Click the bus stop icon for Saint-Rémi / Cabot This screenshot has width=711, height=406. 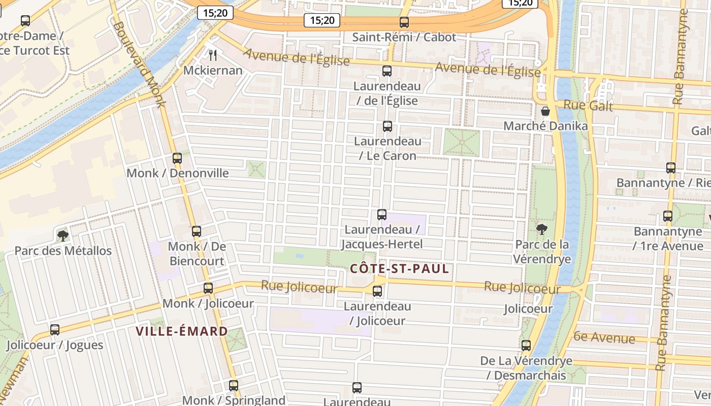pyautogui.click(x=404, y=22)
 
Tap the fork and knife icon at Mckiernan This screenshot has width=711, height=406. pyautogui.click(x=213, y=55)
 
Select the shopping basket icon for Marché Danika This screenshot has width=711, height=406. pyautogui.click(x=545, y=111)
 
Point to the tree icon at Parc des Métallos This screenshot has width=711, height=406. pyautogui.click(x=63, y=235)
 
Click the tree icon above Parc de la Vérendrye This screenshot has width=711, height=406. pyautogui.click(x=542, y=229)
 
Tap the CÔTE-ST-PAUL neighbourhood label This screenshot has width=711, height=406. pyautogui.click(x=400, y=269)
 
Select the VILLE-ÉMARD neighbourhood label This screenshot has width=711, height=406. pyautogui.click(x=182, y=332)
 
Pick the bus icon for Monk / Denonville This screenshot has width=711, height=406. pyautogui.click(x=177, y=158)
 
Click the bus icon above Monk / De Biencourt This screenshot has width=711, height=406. pyautogui.click(x=197, y=231)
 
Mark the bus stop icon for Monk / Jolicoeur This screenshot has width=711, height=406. pyautogui.click(x=208, y=288)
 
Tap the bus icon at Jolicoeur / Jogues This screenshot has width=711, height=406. pyautogui.click(x=55, y=330)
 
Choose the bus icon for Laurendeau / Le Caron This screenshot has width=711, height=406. pyautogui.click(x=387, y=126)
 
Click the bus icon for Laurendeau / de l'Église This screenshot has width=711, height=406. pyautogui.click(x=387, y=71)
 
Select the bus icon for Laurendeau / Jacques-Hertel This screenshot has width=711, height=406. pyautogui.click(x=382, y=215)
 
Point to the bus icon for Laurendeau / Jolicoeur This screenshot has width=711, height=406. pyautogui.click(x=377, y=291)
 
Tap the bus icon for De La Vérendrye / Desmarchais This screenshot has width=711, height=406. pyautogui.click(x=526, y=346)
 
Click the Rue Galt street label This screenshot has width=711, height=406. pyautogui.click(x=589, y=106)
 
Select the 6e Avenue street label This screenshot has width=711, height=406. pyautogui.click(x=604, y=337)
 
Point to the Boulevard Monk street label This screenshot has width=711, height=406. pyautogui.click(x=140, y=64)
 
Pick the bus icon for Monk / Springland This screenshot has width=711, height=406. pyautogui.click(x=234, y=386)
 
